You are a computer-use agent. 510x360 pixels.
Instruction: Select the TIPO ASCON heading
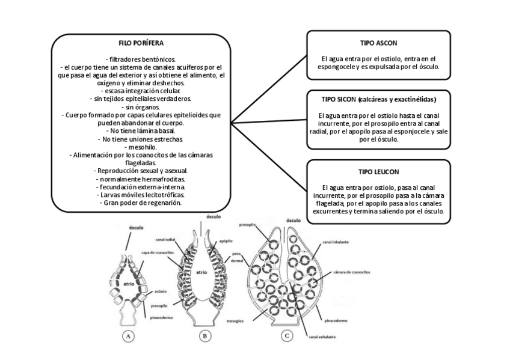click(378, 44)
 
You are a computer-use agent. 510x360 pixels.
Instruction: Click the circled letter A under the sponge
click(127, 337)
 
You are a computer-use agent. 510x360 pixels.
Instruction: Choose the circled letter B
click(205, 337)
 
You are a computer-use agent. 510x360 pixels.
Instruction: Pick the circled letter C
click(287, 337)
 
